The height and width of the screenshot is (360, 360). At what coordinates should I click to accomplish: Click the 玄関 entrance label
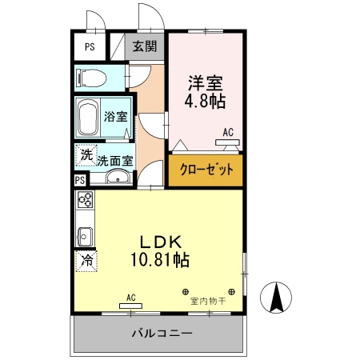pyautogui.click(x=145, y=46)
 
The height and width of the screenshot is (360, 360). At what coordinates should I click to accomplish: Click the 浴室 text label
pyautogui.click(x=115, y=117)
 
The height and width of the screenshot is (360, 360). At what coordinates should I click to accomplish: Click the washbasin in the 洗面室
pyautogui.click(x=118, y=178)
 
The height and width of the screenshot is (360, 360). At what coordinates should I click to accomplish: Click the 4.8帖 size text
pyautogui.click(x=206, y=102)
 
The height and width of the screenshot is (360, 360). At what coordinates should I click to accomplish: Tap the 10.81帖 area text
pyautogui.click(x=160, y=260)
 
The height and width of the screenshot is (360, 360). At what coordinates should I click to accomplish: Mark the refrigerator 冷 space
pyautogui.click(x=86, y=261)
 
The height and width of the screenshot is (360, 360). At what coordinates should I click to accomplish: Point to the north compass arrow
pyautogui.click(x=278, y=300)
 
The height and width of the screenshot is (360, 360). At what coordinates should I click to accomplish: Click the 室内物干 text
pyautogui.click(x=208, y=302)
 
